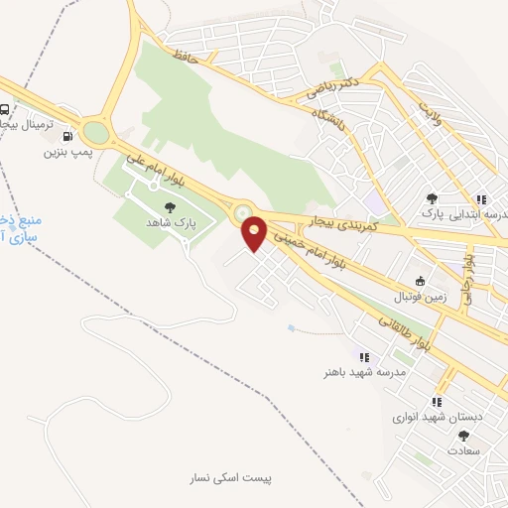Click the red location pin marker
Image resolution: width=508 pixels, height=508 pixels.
255,232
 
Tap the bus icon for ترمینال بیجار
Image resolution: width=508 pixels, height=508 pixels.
6,110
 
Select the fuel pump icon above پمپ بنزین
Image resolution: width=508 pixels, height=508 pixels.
66,138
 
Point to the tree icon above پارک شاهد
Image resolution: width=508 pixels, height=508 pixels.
171,206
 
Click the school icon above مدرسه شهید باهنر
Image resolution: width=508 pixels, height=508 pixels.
364,357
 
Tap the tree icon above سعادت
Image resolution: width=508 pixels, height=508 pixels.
435,435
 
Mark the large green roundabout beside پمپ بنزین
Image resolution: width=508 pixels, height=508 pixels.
96,131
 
